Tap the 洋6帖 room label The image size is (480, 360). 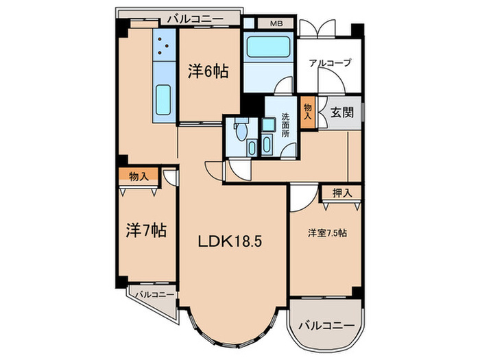208,71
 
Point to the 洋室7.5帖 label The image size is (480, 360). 326,233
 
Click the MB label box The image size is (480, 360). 276,24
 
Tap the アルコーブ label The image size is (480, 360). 329,62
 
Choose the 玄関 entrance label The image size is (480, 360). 341,112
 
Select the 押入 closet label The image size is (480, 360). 342,193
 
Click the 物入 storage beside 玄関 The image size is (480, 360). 308,111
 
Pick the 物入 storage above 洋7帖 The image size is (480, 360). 138,176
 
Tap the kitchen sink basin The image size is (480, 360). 164,99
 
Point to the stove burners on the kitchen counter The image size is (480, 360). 165,45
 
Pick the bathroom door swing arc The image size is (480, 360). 280,87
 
